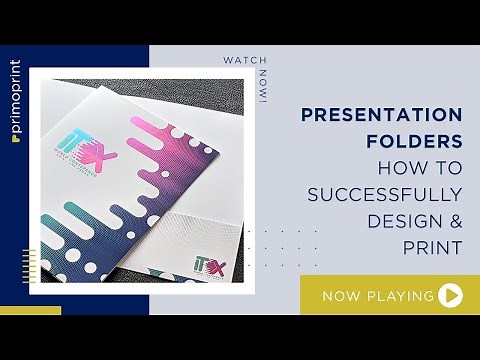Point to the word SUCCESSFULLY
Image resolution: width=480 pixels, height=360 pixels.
(x=384, y=193)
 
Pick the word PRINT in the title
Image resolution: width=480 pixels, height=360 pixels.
(x=431, y=245)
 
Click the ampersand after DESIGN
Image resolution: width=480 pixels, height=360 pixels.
(x=453, y=219)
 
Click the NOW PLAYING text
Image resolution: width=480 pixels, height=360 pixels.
(x=377, y=296)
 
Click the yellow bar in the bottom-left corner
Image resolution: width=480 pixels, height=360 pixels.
(x=30, y=310)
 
